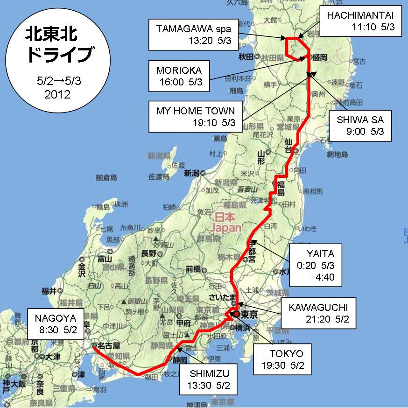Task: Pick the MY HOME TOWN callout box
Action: (x=196, y=117)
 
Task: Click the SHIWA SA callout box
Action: (x=360, y=126)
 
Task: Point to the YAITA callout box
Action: (x=316, y=264)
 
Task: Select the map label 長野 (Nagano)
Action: (x=148, y=253)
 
